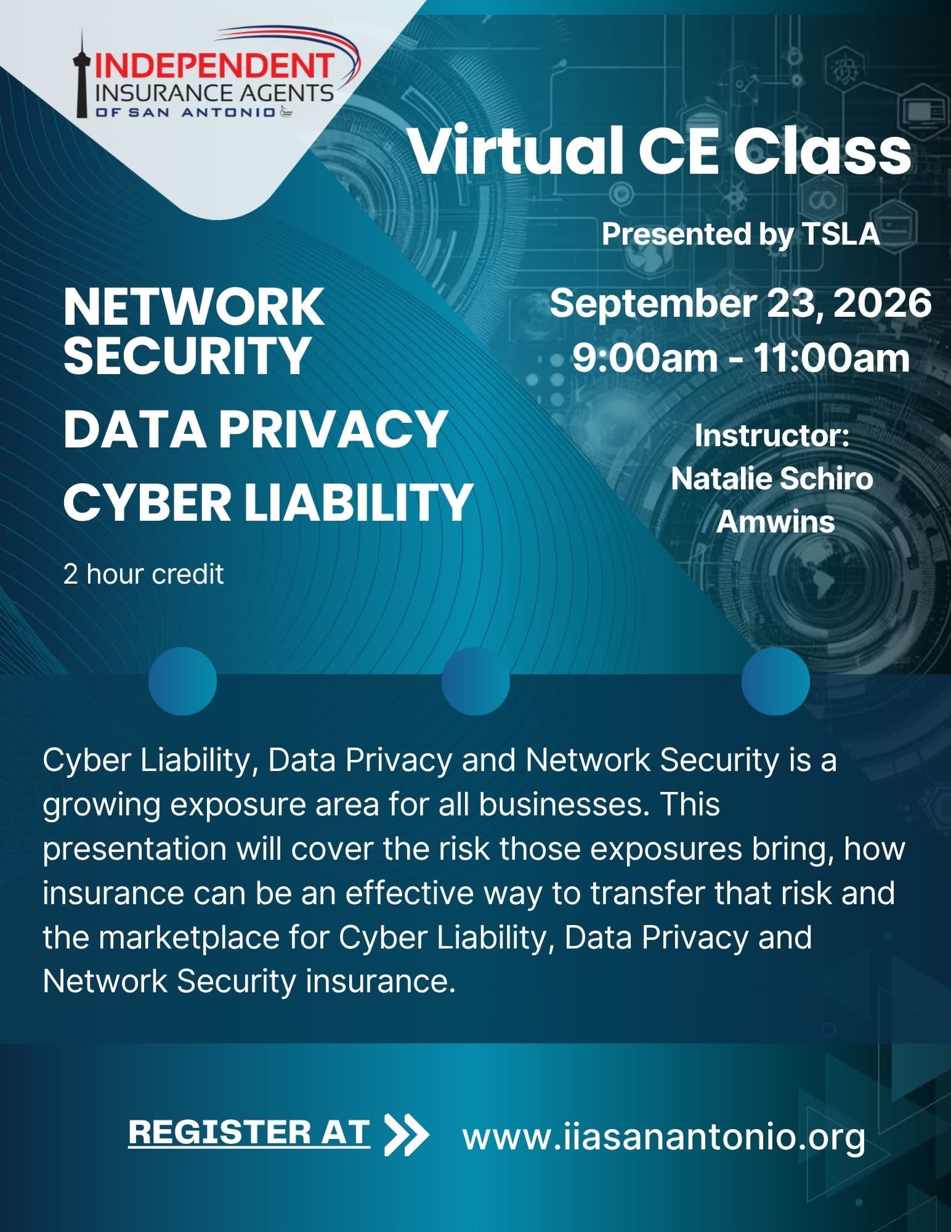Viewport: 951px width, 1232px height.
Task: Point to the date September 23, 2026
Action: [x=740, y=304]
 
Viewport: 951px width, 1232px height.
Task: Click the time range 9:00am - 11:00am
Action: [x=741, y=358]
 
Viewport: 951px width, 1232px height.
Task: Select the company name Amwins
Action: [x=775, y=522]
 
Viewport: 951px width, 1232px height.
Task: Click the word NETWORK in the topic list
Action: [x=193, y=307]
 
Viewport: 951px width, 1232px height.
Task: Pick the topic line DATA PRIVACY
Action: [x=255, y=429]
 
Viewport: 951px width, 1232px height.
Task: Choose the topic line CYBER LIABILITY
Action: [x=268, y=502]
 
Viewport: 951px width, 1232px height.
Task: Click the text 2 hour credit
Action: [x=144, y=574]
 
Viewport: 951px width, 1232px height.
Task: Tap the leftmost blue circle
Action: [x=183, y=681]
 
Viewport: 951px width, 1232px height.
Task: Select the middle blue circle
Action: [x=475, y=681]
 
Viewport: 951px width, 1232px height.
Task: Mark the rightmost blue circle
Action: [x=775, y=681]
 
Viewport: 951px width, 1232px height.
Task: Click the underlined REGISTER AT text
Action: [x=249, y=1133]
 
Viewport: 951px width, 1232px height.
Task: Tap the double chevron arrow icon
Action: [x=406, y=1134]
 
